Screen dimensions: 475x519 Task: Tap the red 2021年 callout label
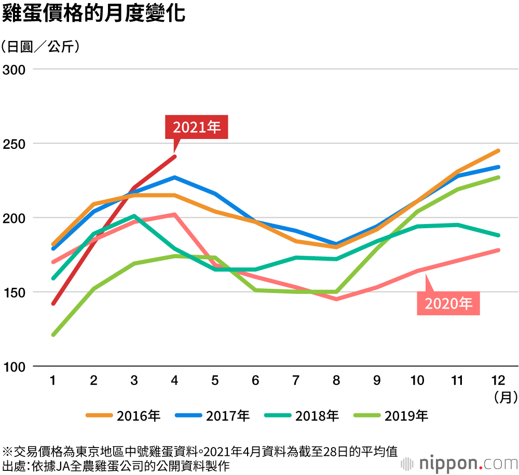coord(197,127)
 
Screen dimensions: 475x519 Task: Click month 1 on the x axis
coord(53,381)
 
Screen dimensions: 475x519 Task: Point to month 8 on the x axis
coord(336,381)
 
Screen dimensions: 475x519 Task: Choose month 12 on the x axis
coord(498,381)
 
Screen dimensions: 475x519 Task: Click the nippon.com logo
coord(458,462)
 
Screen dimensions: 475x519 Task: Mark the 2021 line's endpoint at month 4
coord(175,157)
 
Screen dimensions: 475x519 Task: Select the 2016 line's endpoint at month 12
coord(498,151)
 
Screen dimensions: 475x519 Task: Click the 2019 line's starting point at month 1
coord(53,334)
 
